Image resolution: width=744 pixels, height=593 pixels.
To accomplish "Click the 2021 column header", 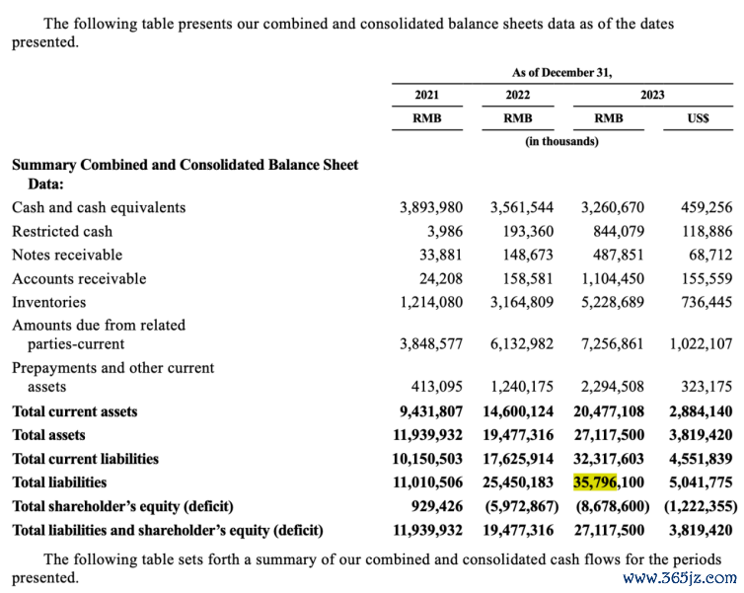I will [x=426, y=95].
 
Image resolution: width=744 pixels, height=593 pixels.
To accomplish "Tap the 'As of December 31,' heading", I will [x=561, y=72].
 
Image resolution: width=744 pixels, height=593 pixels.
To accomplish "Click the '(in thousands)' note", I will [x=561, y=141].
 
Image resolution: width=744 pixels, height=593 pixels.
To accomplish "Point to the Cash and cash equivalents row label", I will [x=99, y=207].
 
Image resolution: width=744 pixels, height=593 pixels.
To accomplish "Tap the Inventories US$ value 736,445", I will [x=707, y=302].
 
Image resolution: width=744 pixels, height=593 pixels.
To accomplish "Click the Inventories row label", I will [x=48, y=302].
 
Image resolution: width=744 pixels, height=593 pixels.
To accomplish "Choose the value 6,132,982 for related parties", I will [x=522, y=344].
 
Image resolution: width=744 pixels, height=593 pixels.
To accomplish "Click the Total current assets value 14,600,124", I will [x=518, y=411].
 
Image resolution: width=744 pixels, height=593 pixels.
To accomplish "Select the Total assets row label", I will [x=48, y=435].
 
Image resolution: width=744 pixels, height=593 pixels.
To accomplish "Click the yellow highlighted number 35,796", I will [x=595, y=482].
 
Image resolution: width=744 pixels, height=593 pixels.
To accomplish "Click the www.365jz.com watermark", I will [x=680, y=578].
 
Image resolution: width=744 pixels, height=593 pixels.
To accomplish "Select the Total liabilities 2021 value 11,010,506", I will [x=428, y=482].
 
